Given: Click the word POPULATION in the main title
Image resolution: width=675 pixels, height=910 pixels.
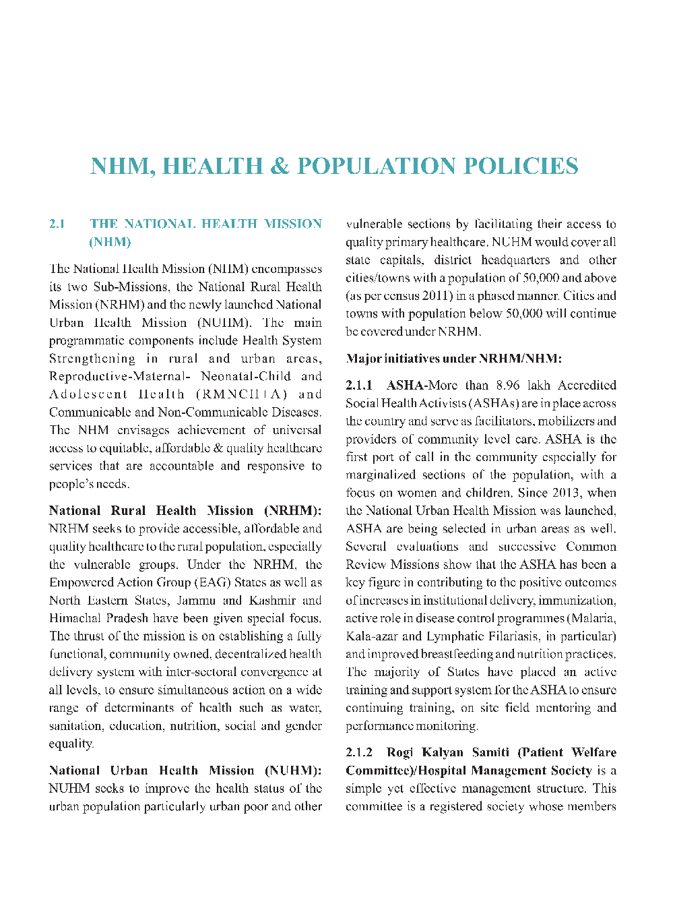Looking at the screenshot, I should click(377, 166).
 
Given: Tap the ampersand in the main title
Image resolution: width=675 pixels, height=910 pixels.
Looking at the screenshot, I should click(279, 166).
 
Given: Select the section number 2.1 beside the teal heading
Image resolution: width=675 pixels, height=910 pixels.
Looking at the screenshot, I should click(57, 224).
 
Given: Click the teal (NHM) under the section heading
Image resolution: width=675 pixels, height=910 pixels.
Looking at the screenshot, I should click(110, 242).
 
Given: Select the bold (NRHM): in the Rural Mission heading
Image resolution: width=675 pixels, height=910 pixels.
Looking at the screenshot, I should click(292, 511).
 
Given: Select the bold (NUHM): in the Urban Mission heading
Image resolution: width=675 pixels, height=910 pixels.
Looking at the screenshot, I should click(292, 770).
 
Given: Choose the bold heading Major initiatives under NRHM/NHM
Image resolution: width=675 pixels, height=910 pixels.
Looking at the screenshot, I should click(453, 359).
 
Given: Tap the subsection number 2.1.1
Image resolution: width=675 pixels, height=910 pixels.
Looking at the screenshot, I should click(359, 386).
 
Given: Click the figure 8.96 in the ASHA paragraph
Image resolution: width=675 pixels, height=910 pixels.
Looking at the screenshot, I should click(508, 386).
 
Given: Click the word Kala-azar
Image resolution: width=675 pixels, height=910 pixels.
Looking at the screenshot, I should click(373, 636).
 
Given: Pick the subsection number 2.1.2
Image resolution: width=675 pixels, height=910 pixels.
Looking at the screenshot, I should click(359, 752).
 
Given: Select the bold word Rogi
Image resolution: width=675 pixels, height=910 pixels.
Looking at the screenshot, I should click(400, 752).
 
